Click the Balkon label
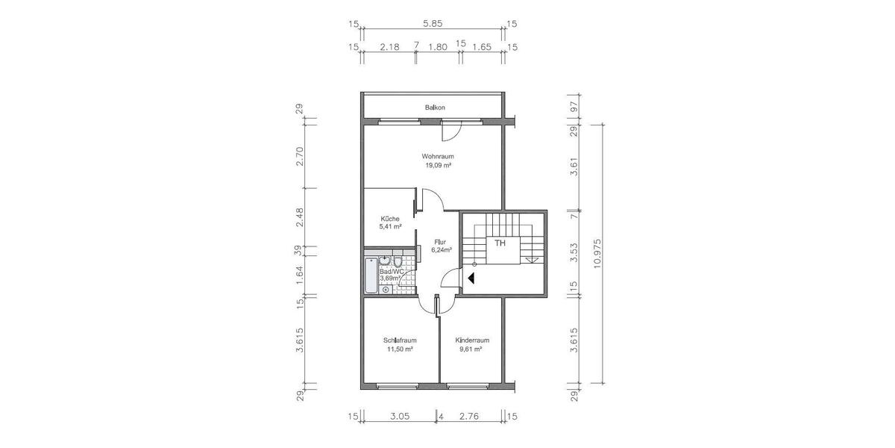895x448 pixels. point(435,108)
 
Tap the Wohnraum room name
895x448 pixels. point(438,156)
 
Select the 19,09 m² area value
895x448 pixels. point(438,166)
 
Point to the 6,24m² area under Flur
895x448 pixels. point(442,251)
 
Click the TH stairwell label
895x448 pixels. point(500,243)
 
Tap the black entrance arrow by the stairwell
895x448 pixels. point(471,278)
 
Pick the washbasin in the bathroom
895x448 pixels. point(384,261)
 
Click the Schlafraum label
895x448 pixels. point(400,340)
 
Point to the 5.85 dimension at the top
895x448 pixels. point(435,24)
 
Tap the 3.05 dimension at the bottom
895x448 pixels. point(399,416)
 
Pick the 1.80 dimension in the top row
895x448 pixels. point(437,46)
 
